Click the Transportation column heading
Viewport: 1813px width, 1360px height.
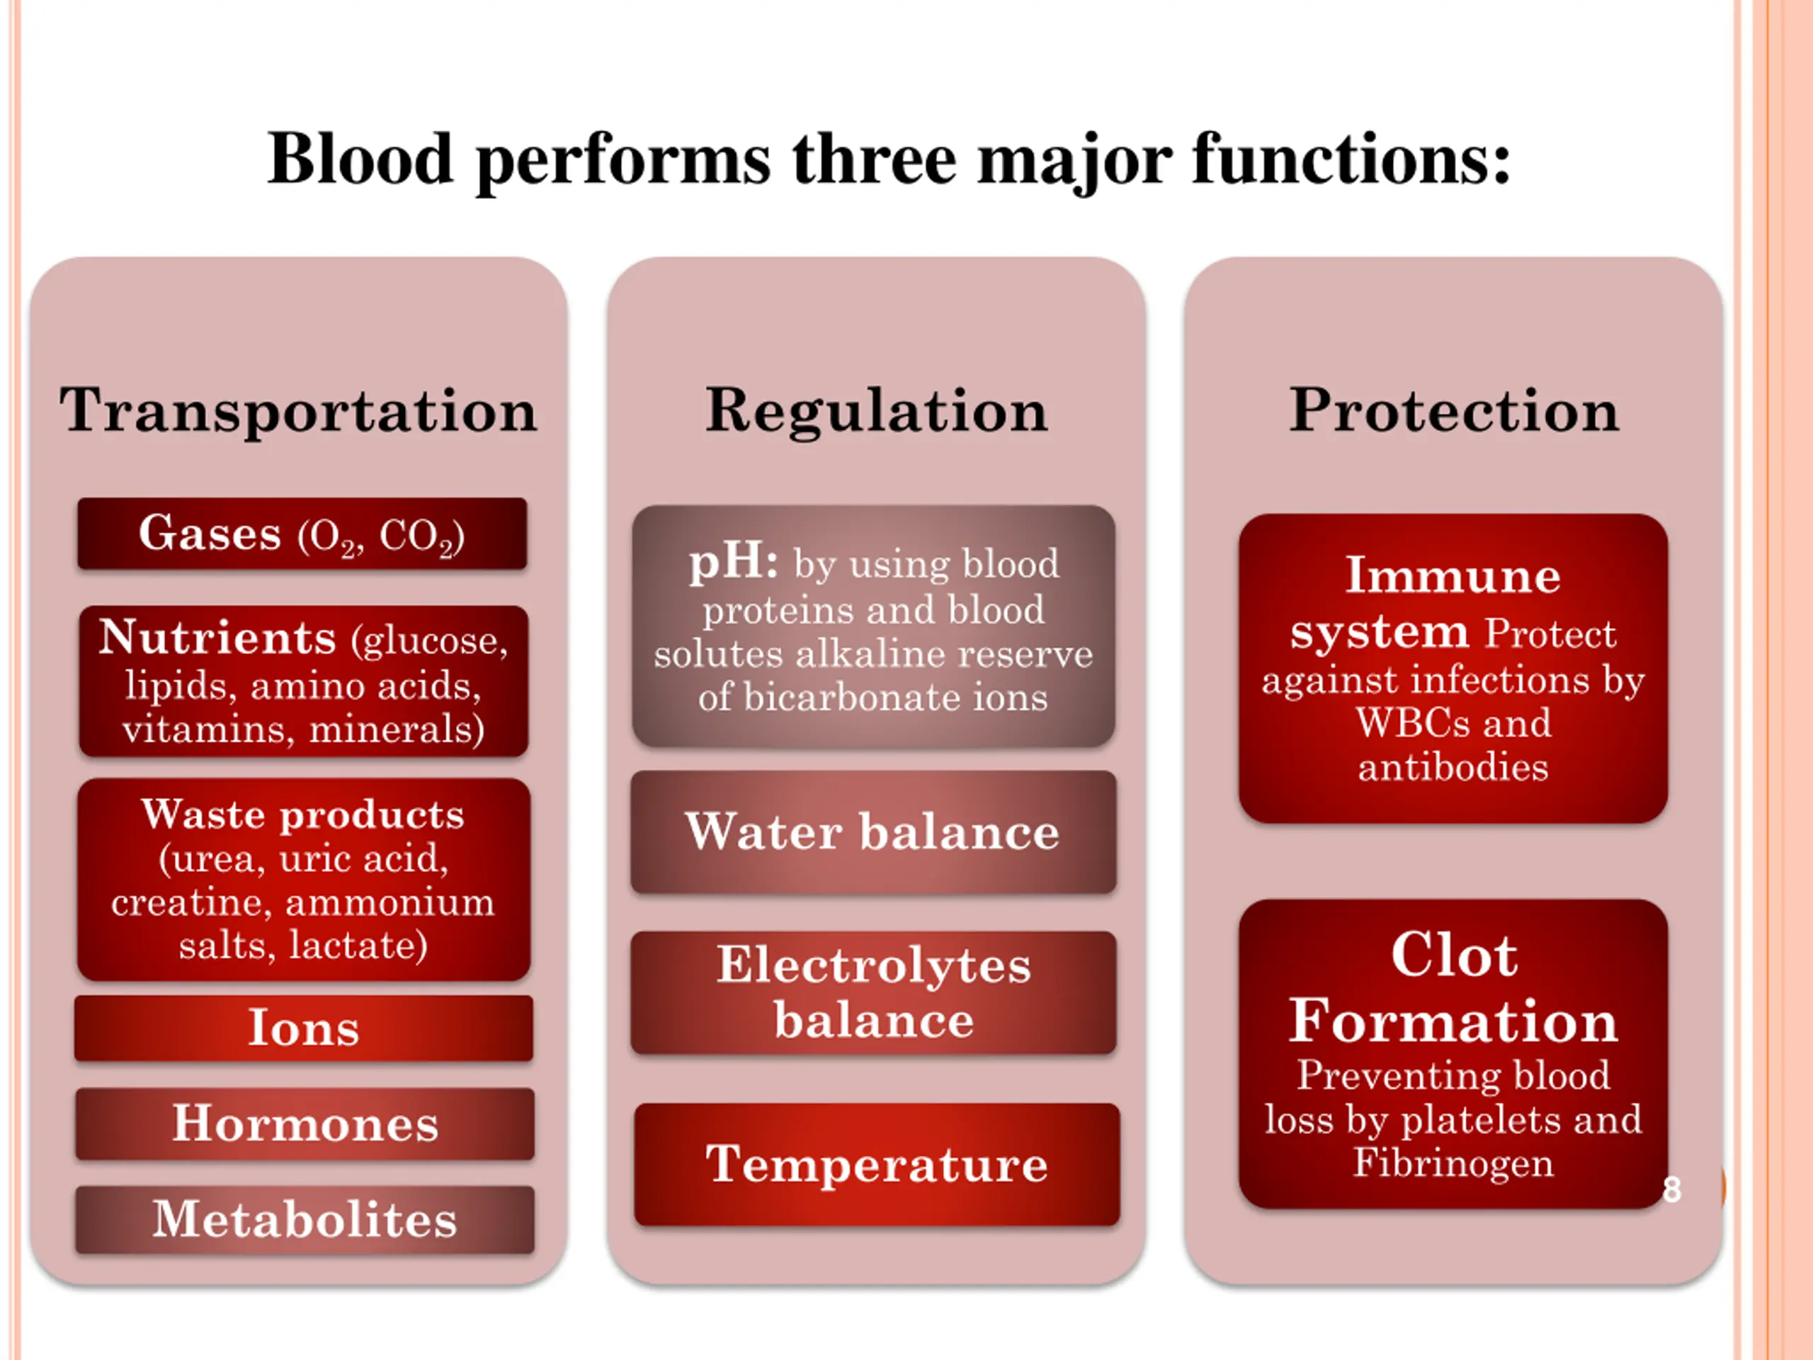(x=298, y=410)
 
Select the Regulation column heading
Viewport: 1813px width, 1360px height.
(x=876, y=410)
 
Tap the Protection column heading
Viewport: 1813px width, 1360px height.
(x=1454, y=410)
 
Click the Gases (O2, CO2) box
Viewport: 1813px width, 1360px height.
(x=302, y=533)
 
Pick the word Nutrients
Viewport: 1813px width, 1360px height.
(x=217, y=637)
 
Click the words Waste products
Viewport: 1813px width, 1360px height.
(x=303, y=814)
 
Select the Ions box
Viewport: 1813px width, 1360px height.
(x=303, y=1028)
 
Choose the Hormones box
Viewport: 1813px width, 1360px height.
(x=305, y=1123)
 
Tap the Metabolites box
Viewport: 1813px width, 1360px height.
(x=305, y=1219)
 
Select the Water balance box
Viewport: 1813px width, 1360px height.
(x=873, y=832)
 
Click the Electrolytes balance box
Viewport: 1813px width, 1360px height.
(x=873, y=992)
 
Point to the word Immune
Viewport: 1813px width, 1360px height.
(x=1453, y=575)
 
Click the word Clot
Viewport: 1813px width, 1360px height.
(x=1454, y=955)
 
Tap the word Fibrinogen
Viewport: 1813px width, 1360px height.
(x=1453, y=1162)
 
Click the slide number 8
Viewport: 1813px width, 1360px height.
(x=1672, y=1189)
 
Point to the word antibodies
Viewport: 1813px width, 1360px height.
(x=1453, y=767)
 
